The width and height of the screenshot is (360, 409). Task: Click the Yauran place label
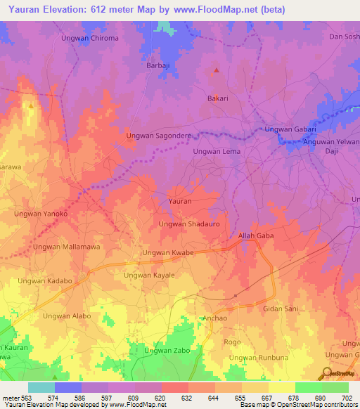tap(180, 202)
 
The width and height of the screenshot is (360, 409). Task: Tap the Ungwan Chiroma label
tap(105, 38)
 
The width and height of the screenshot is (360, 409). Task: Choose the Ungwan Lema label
tap(217, 151)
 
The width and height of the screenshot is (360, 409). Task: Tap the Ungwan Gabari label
tap(290, 129)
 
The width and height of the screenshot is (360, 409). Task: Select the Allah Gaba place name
tap(256, 235)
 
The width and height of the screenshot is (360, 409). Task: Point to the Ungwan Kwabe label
tap(168, 252)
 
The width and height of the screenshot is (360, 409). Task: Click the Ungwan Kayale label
tap(149, 275)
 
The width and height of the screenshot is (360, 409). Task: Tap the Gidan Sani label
tap(281, 309)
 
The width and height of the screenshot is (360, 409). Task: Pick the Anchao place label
tap(214, 318)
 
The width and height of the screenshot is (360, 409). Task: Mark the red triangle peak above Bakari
tap(217, 70)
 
